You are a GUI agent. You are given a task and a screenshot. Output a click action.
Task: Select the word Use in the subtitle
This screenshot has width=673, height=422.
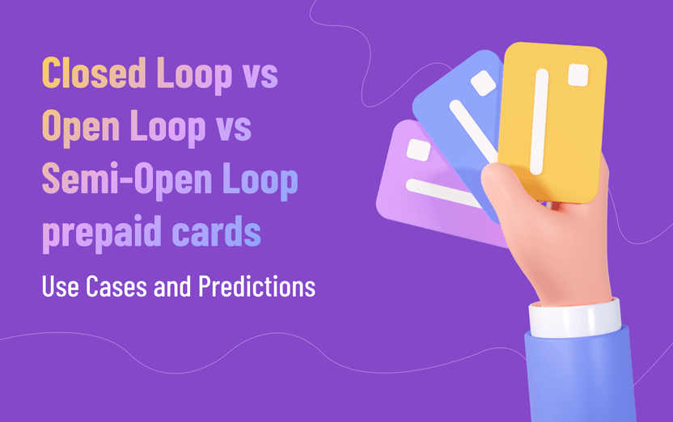click(61, 286)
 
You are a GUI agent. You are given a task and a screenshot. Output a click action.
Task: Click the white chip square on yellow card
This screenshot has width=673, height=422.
click(578, 75)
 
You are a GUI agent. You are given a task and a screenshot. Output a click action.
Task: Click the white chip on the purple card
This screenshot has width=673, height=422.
click(418, 150)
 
